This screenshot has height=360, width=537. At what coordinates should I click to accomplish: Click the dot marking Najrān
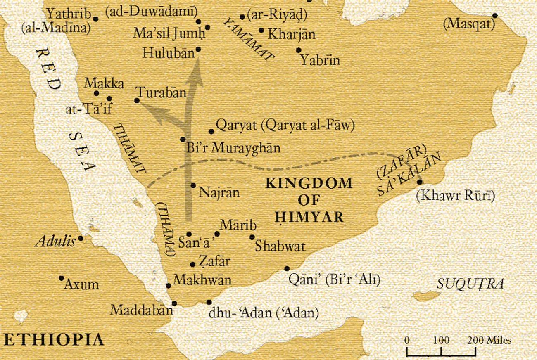tap(193, 185)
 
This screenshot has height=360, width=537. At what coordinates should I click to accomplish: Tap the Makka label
tap(104, 83)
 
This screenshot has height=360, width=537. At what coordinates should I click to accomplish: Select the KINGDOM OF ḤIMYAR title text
tap(309, 200)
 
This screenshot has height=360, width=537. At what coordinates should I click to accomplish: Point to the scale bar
tap(441, 352)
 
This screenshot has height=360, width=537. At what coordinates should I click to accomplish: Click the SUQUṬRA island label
tap(470, 284)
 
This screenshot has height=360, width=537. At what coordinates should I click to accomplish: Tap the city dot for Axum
tap(62, 278)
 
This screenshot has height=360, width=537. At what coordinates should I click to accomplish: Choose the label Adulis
tap(55, 241)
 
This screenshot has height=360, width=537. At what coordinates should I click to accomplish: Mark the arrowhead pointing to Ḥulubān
tap(197, 72)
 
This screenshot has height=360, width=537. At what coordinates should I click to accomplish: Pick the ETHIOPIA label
tap(54, 340)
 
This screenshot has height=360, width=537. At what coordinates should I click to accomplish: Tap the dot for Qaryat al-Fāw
tap(211, 132)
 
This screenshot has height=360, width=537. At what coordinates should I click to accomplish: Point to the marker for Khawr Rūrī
tap(419, 182)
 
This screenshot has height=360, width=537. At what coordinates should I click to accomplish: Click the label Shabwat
tap(280, 246)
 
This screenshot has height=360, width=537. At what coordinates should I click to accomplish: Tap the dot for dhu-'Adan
tap(209, 302)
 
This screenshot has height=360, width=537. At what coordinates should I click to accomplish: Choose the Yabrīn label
tap(320, 61)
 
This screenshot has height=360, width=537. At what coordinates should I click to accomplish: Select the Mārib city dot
tap(217, 234)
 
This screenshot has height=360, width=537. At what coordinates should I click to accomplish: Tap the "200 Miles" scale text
tap(489, 341)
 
